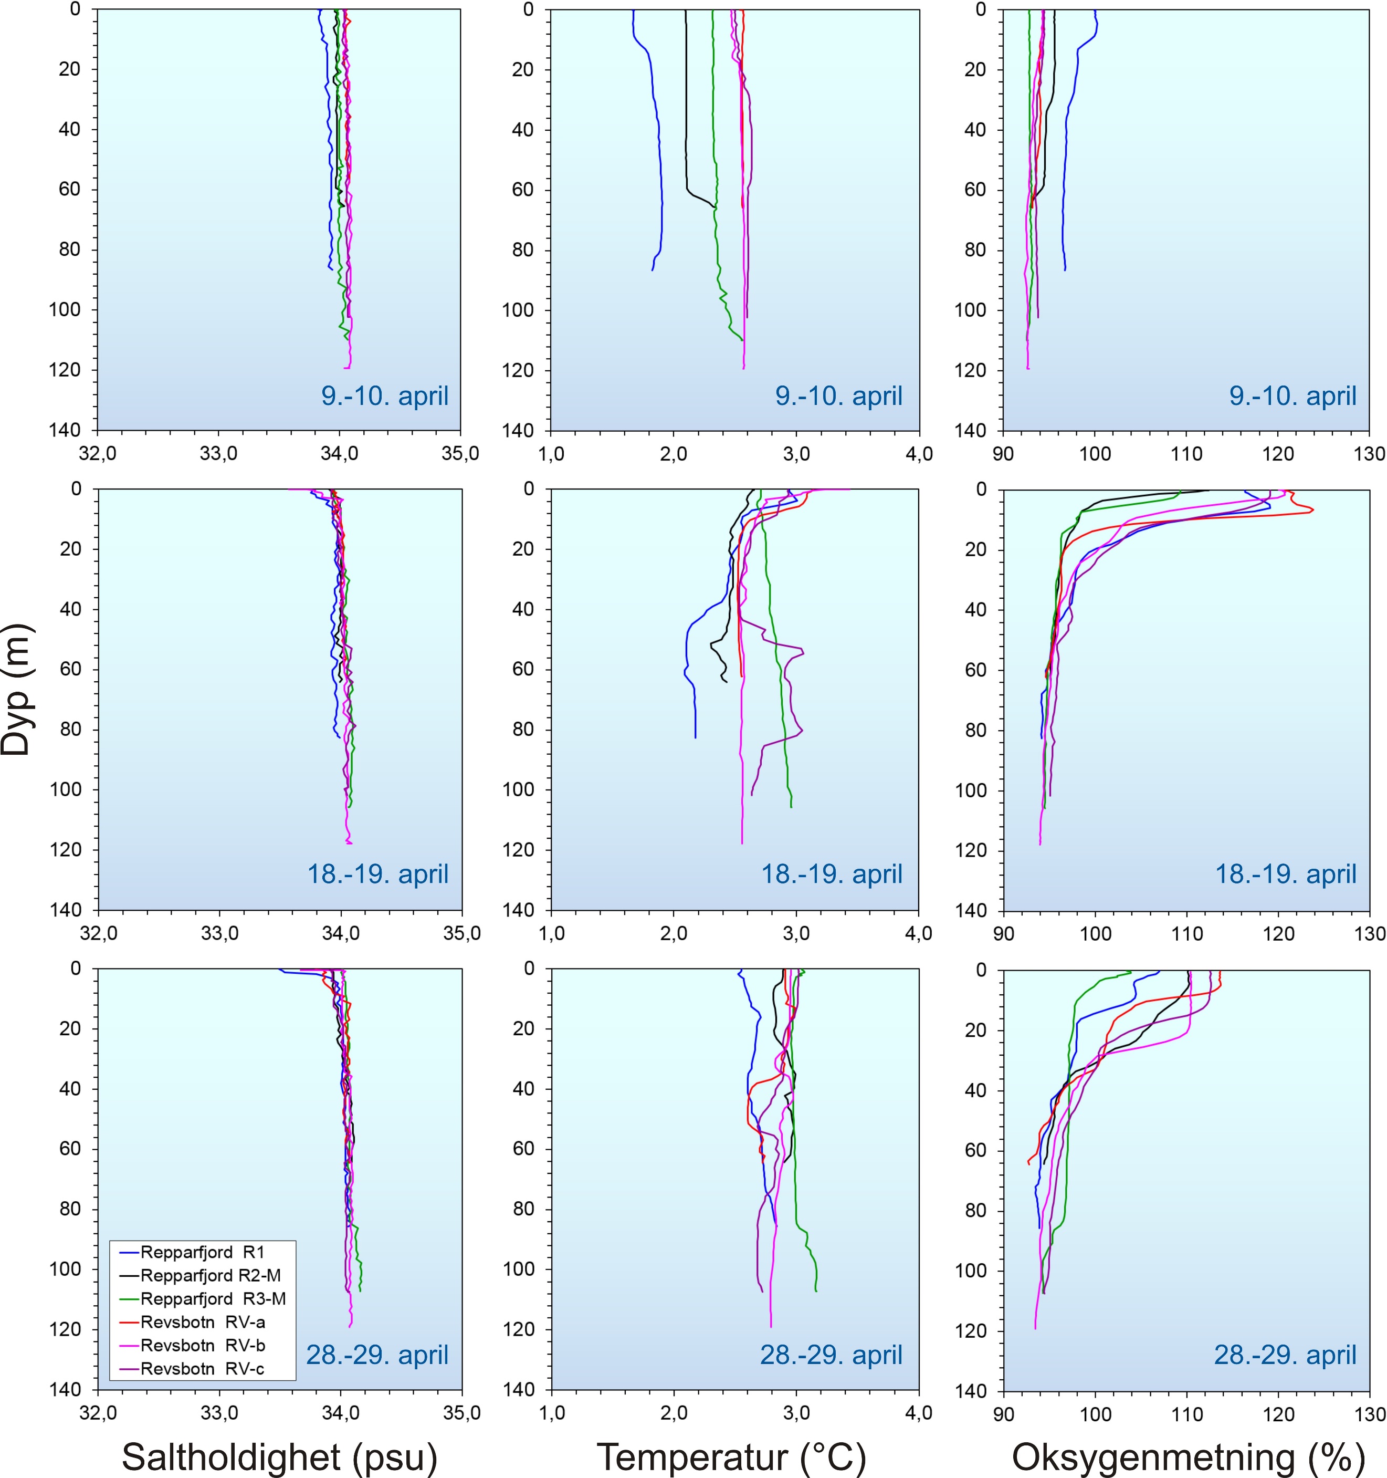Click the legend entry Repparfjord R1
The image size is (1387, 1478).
[x=202, y=1253]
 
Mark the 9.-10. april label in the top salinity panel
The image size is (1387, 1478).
[x=384, y=395]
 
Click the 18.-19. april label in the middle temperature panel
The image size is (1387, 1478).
[x=831, y=873]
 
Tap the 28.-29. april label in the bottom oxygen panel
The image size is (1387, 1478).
[x=1285, y=1355]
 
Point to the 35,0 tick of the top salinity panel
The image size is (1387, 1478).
[x=460, y=453]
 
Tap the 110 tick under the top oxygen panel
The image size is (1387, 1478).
[x=1186, y=453]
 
